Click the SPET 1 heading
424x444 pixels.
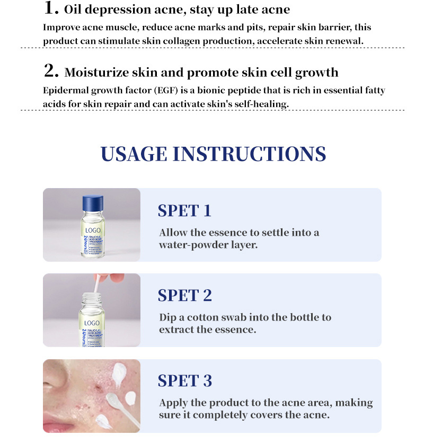coord(184,210)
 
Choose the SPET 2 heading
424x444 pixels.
coord(184,296)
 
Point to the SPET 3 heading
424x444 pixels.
coord(184,380)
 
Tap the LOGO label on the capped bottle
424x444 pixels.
coord(93,231)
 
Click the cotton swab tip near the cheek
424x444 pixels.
coord(114,399)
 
